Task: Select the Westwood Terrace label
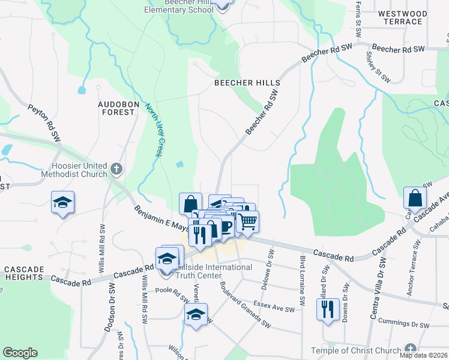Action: pyautogui.click(x=402, y=17)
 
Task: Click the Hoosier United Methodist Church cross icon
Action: pyautogui.click(x=116, y=170)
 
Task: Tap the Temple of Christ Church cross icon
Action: pyautogui.click(x=410, y=349)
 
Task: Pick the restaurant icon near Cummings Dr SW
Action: pyautogui.click(x=327, y=310)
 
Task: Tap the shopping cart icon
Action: pyautogui.click(x=247, y=221)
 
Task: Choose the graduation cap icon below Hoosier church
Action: pyautogui.click(x=62, y=203)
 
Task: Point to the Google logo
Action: pyautogui.click(x=20, y=353)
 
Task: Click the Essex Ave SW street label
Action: pyautogui.click(x=274, y=307)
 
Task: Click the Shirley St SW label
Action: pyautogui.click(x=376, y=67)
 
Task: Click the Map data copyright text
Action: pyautogui.click(x=423, y=355)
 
